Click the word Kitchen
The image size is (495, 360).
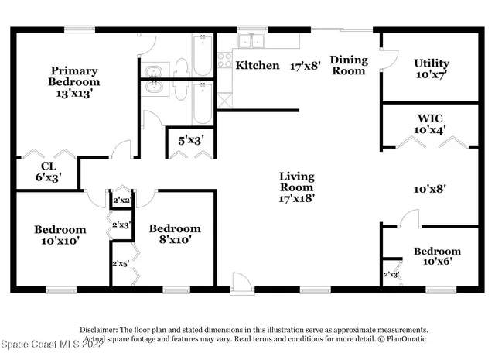click(258, 65)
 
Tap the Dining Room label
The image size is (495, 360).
click(348, 65)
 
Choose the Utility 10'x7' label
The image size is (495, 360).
click(432, 69)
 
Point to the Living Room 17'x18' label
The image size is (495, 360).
click(297, 187)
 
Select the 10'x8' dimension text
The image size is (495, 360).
click(429, 187)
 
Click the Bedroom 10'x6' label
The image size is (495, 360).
click(437, 256)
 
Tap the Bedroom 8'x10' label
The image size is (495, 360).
click(175, 234)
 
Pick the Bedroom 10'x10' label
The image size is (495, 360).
click(60, 235)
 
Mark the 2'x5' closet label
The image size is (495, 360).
click(121, 262)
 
